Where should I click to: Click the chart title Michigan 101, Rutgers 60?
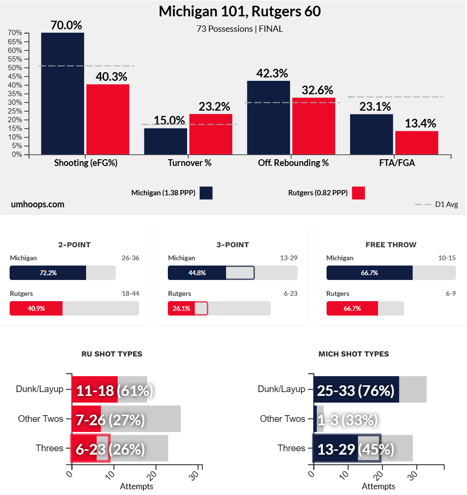click(x=240, y=12)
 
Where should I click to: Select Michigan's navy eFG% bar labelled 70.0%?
click(x=63, y=94)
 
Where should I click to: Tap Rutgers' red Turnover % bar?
click(x=211, y=134)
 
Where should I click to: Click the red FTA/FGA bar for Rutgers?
click(x=417, y=143)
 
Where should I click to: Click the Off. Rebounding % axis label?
click(x=293, y=163)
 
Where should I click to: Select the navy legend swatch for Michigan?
click(x=206, y=193)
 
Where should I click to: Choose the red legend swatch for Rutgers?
click(x=358, y=193)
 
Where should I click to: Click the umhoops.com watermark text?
click(x=38, y=204)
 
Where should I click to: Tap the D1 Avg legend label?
click(x=446, y=204)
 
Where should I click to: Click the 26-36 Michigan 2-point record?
click(x=130, y=258)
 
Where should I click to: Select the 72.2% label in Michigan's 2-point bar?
click(x=48, y=273)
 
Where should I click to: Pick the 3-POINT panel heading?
click(x=233, y=245)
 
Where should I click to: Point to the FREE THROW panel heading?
click(x=391, y=245)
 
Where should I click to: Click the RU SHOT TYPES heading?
click(x=112, y=354)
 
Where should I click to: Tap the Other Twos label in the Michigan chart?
click(x=282, y=419)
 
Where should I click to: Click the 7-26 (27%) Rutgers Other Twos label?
click(x=110, y=419)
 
